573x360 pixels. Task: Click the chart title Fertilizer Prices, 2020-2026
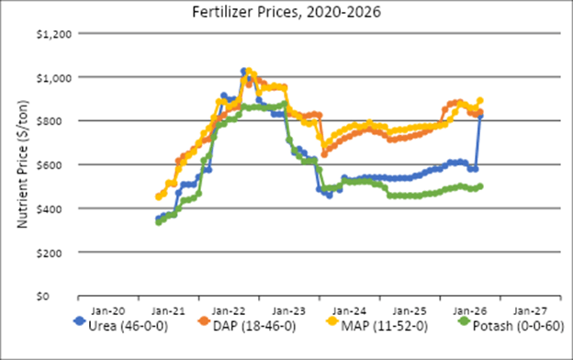pyautogui.click(x=286, y=13)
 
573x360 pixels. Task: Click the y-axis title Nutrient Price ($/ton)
pyautogui.click(x=21, y=165)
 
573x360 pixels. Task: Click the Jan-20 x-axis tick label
pyautogui.click(x=110, y=310)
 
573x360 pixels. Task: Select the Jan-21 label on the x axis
pyautogui.click(x=170, y=310)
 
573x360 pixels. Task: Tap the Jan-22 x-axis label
pyautogui.click(x=230, y=310)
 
